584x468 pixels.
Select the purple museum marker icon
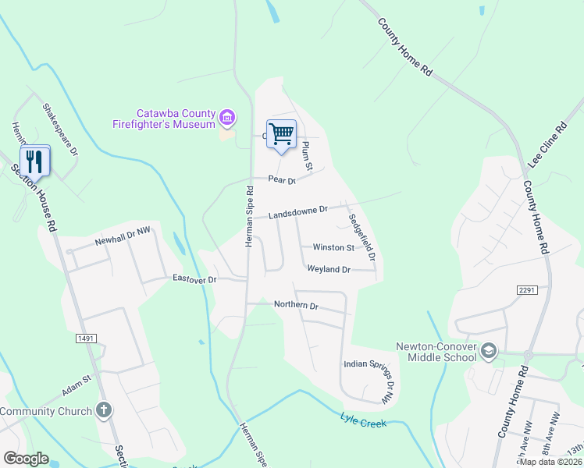pos(227,118)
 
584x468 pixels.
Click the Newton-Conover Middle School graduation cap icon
pos(489,351)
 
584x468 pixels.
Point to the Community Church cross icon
pos(104,410)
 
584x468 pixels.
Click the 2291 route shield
pos(527,289)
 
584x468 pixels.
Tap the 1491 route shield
pos(86,338)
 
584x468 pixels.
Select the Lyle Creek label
pos(363,419)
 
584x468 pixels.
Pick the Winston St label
pos(333,247)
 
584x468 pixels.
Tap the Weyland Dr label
pos(329,269)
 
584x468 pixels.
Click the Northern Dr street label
pos(296,305)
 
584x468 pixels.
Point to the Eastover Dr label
pos(194,278)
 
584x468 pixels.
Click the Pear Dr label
pos(282,180)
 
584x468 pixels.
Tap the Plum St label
pos(307,156)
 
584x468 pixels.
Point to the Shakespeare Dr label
pos(61,129)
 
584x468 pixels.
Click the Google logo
pos(26,459)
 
